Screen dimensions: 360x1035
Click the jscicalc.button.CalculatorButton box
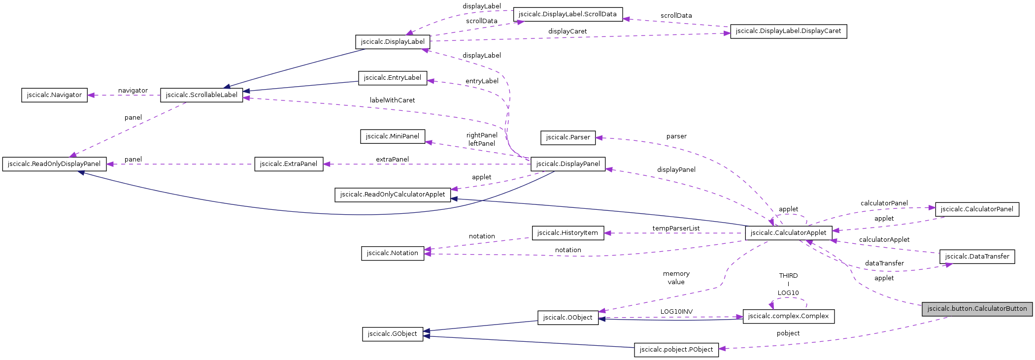pos(977,309)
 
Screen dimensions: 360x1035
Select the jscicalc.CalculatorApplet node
pos(788,233)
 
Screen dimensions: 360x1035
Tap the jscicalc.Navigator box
pos(54,95)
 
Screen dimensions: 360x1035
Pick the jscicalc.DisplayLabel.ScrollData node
pos(568,14)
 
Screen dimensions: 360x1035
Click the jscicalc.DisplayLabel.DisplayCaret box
pos(788,31)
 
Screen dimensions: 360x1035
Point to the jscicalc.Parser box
pos(568,137)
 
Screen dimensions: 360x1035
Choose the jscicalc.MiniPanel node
pos(393,136)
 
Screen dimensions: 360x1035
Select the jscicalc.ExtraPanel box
pos(289,164)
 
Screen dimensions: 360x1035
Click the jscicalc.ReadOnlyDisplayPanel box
pos(54,164)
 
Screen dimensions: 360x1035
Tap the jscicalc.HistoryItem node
pos(568,233)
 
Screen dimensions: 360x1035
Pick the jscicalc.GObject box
pos(392,334)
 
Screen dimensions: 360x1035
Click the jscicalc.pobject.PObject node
pos(676,350)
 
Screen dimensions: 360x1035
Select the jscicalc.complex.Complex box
pos(788,316)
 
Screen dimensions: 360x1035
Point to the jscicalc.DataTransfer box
pos(977,257)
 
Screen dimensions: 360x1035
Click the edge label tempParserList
pos(676,229)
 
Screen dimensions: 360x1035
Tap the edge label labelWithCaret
pos(392,100)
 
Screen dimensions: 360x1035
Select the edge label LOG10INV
pos(676,312)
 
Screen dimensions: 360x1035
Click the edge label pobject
pos(788,333)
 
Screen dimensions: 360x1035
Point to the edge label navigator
pos(133,91)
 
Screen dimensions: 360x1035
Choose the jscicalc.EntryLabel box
pos(392,78)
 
